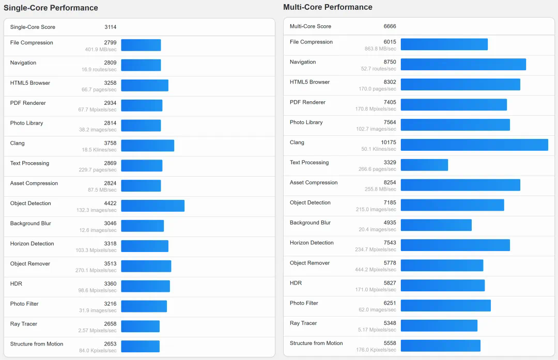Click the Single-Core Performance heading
pyautogui.click(x=51, y=8)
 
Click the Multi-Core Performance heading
pyautogui.click(x=328, y=7)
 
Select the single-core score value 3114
pyautogui.click(x=110, y=27)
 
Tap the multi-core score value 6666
pyautogui.click(x=390, y=26)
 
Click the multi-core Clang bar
pyautogui.click(x=474, y=145)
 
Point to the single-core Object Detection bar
pyautogui.click(x=152, y=206)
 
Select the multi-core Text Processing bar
pyautogui.click(x=424, y=165)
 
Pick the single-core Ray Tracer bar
pyautogui.click(x=140, y=326)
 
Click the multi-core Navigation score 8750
pyautogui.click(x=390, y=62)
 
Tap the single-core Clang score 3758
pyautogui.click(x=110, y=143)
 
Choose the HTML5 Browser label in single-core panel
pyautogui.click(x=30, y=83)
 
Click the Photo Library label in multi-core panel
pyautogui.click(x=306, y=122)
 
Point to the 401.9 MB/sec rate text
pyautogui.click(x=101, y=50)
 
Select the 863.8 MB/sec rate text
pyautogui.click(x=380, y=49)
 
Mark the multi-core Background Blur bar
pyautogui.click(x=436, y=225)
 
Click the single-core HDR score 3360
pyautogui.click(x=110, y=284)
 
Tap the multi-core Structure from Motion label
pyautogui.click(x=316, y=343)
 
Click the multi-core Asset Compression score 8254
pyautogui.click(x=390, y=182)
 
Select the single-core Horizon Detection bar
pyautogui.click(x=145, y=246)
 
